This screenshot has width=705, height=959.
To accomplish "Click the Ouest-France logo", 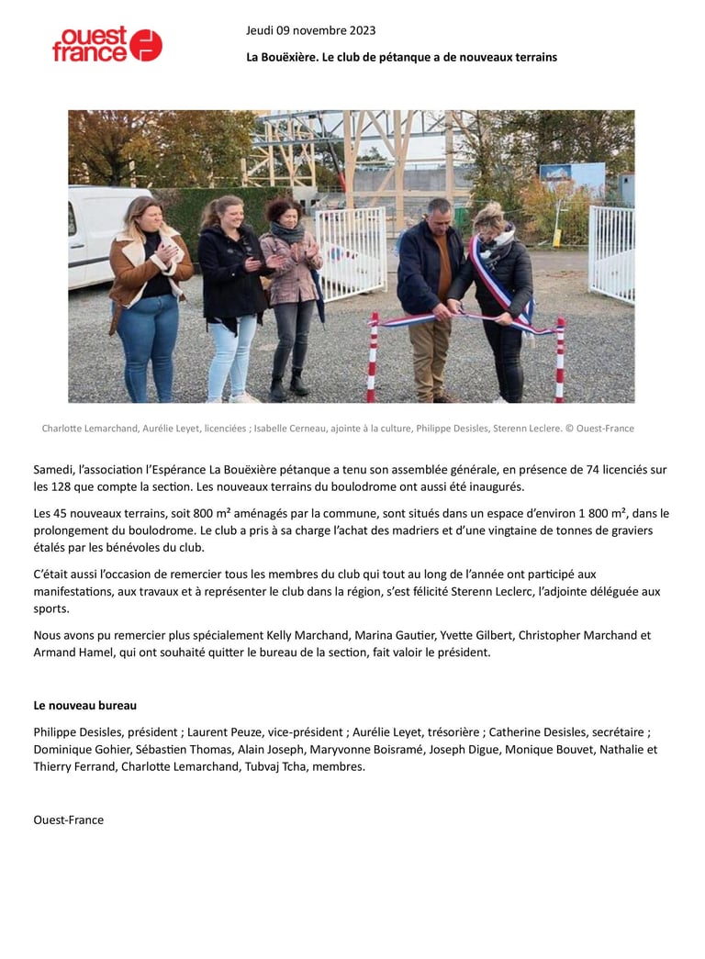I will pyautogui.click(x=106, y=44).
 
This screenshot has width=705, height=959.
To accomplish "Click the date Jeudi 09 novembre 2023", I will pyautogui.click(x=310, y=30).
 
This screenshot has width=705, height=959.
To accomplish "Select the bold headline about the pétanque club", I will pyautogui.click(x=401, y=57).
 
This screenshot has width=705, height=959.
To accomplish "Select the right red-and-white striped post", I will pyautogui.click(x=559, y=360).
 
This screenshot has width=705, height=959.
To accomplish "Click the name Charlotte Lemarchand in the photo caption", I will pyautogui.click(x=89, y=429).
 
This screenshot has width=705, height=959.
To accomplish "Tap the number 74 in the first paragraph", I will pyautogui.click(x=593, y=469).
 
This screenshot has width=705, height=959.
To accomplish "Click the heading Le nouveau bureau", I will pyautogui.click(x=84, y=705).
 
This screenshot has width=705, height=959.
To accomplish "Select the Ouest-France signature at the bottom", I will pyautogui.click(x=68, y=820).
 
